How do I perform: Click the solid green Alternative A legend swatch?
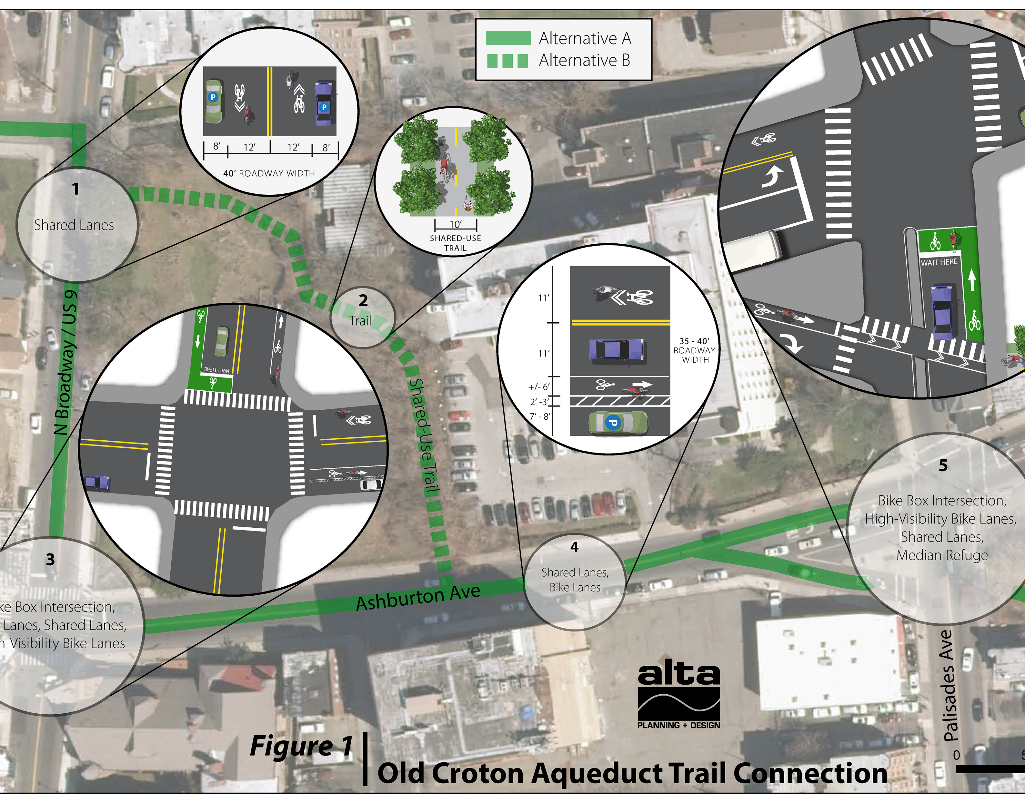[x=508, y=38]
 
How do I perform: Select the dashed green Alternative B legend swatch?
[x=508, y=61]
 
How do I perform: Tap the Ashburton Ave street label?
[x=418, y=598]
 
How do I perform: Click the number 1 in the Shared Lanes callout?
[x=75, y=189]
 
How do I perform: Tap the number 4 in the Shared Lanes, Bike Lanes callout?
[x=575, y=547]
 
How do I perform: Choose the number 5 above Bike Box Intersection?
[x=943, y=466]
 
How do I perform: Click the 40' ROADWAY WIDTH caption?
[x=269, y=173]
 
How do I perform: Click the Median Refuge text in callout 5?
[x=942, y=555]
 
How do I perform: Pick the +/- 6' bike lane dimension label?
[x=539, y=387]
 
